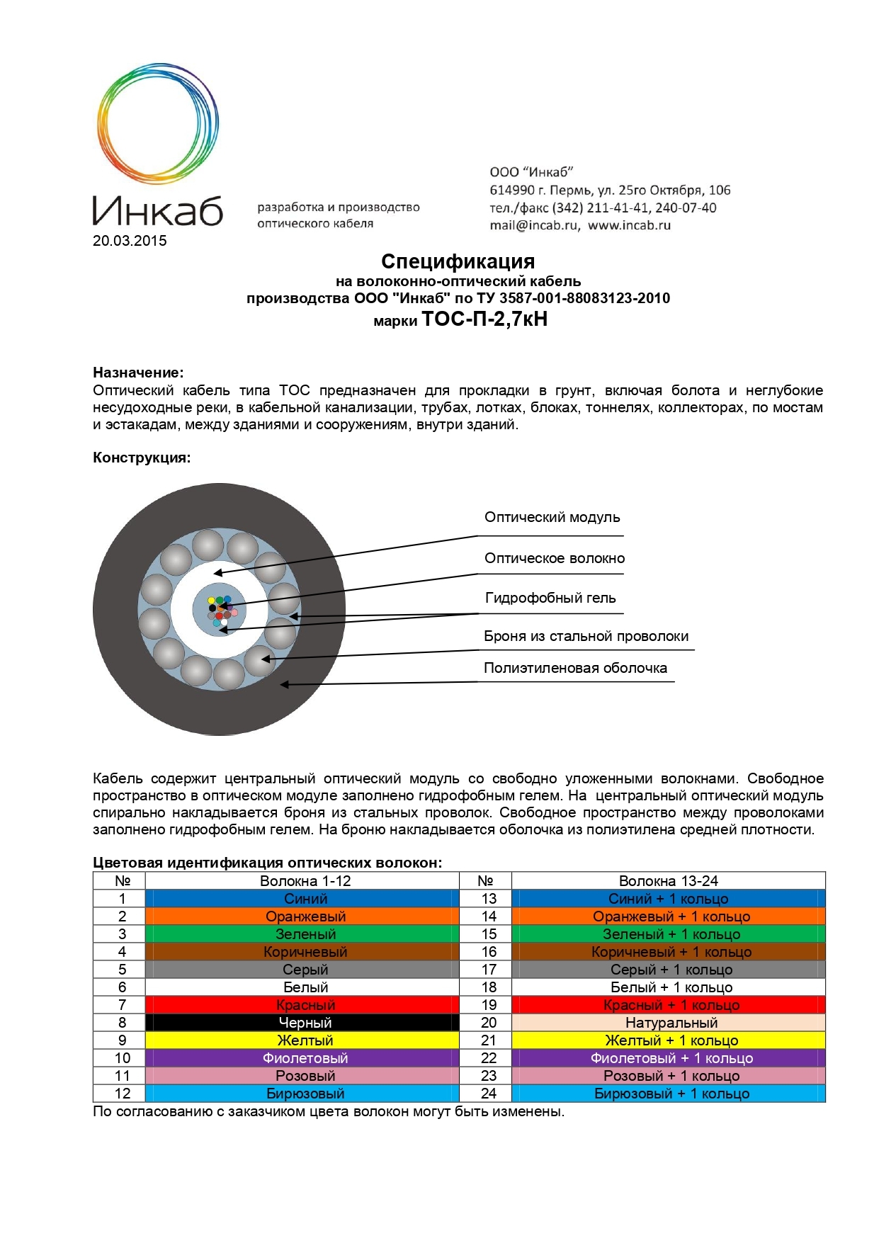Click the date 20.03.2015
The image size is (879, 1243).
pos(130,241)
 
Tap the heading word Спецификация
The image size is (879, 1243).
pos(458,261)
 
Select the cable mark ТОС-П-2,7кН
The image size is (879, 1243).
pos(484,319)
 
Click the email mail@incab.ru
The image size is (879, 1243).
pos(535,225)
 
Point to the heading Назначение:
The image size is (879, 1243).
pos(138,373)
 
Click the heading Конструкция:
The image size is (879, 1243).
pos(142,458)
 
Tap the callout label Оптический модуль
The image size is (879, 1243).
pos(552,517)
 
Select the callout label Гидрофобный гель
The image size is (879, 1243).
pos(550,598)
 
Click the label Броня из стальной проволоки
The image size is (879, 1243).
pos(586,636)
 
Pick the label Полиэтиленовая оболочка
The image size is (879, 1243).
pos(575,668)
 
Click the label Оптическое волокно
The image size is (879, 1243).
pos(555,558)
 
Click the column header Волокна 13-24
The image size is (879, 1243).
pos(668,881)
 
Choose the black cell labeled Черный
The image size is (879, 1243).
pos(305,1023)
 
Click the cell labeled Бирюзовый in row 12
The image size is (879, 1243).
pos(305,1094)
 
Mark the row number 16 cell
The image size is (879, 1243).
pos(489,952)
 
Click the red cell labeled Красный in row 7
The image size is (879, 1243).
pos(305,1005)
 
